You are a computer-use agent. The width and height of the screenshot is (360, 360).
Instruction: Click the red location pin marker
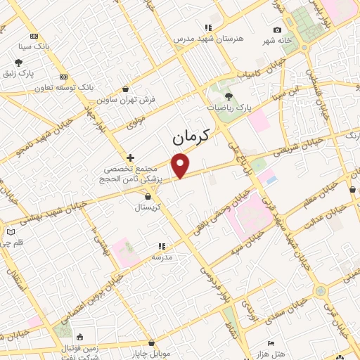click(181, 166)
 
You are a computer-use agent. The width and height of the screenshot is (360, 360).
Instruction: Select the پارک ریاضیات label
click(229, 108)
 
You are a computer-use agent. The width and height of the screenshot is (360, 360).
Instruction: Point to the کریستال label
click(148, 208)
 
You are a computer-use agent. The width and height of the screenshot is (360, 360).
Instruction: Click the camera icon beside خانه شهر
click(278, 30)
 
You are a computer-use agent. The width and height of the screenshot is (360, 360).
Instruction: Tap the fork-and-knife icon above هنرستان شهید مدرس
click(208, 27)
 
